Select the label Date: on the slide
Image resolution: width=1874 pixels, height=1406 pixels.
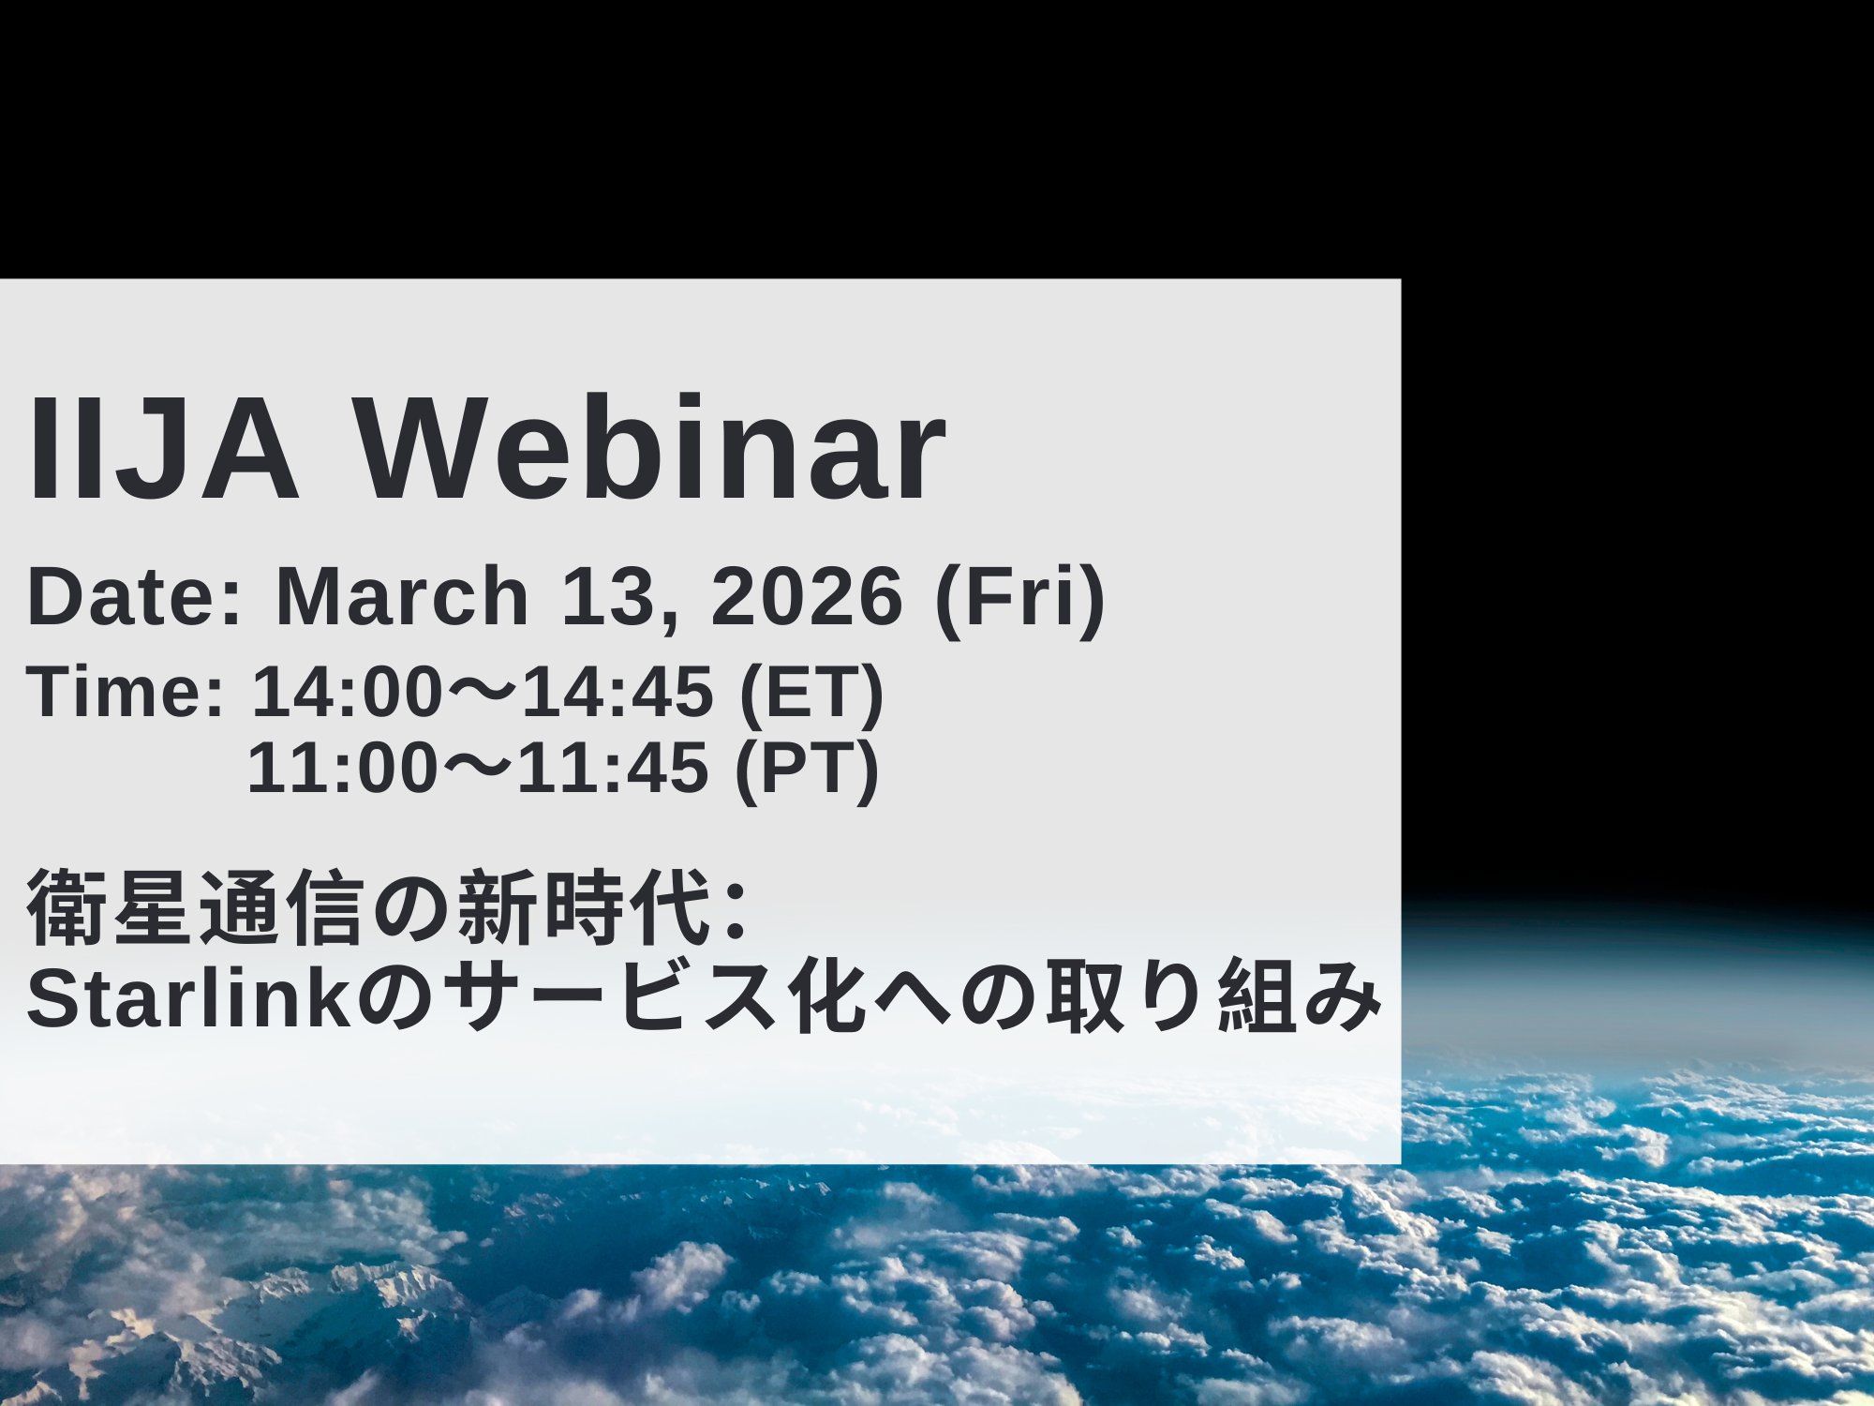135,596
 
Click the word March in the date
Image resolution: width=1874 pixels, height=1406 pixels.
402,596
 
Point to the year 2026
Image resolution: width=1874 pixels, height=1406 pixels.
807,596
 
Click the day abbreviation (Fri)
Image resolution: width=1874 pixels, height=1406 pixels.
1020,600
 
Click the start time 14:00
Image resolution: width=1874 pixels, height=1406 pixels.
347,692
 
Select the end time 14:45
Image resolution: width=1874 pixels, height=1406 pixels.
617,692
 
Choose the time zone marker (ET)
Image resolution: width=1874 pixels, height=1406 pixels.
811,695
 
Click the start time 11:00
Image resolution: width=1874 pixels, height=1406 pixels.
343,769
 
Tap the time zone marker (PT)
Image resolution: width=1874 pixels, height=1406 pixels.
807,771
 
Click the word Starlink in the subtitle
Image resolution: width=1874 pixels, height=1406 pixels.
188,998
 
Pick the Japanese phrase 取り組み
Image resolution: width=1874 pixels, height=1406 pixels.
1214,995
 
